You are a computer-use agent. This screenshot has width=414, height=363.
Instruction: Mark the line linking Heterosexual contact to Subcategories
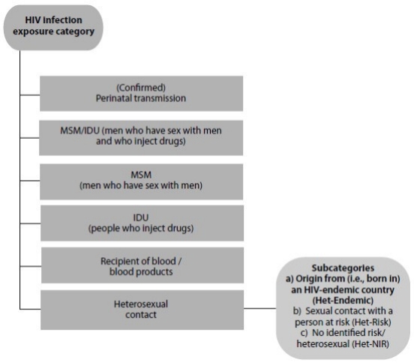tap(260, 308)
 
